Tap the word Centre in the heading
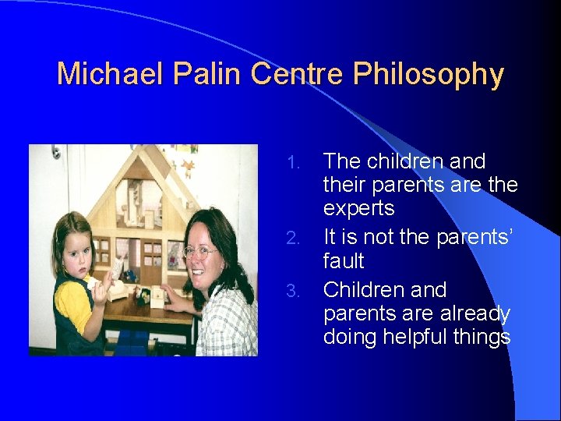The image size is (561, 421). click(x=298, y=75)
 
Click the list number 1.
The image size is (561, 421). click(x=293, y=163)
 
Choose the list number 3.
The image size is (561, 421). click(x=293, y=291)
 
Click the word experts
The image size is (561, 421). click(x=359, y=209)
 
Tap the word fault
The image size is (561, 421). click(x=344, y=260)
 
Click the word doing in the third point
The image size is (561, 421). click(x=348, y=337)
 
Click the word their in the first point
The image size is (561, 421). click(x=344, y=186)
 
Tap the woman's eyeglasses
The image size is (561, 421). click(x=201, y=252)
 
